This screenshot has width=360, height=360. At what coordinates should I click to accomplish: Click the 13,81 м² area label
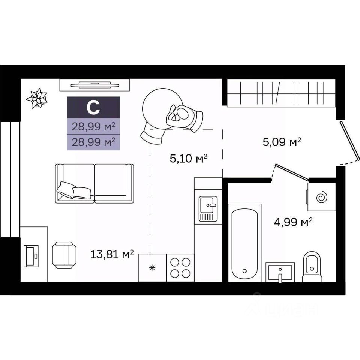click(112, 254)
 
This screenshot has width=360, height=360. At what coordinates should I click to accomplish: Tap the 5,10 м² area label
click(189, 158)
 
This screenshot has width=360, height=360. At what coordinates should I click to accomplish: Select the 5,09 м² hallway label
click(282, 142)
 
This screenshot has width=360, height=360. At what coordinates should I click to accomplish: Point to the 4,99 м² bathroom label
click(293, 222)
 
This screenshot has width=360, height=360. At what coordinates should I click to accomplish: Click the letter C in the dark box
click(93, 108)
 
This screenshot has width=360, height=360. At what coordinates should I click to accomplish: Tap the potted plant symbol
click(37, 98)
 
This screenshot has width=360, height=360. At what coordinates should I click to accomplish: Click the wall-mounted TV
click(95, 85)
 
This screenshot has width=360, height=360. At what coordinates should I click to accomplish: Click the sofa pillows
click(74, 190)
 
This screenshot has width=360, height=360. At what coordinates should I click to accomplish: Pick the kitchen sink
click(208, 209)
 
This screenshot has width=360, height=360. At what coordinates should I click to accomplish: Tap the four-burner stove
click(180, 268)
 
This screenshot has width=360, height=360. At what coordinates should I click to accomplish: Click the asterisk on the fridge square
click(152, 267)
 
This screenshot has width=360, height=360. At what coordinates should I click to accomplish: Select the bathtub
click(244, 243)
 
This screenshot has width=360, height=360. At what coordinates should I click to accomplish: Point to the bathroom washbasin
click(280, 272)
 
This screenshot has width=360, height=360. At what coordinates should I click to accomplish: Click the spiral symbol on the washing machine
click(321, 197)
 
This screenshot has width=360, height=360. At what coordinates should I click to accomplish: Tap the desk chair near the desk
click(64, 255)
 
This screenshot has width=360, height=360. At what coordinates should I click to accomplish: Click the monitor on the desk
click(31, 256)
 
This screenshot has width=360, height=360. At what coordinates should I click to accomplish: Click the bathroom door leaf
click(292, 172)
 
